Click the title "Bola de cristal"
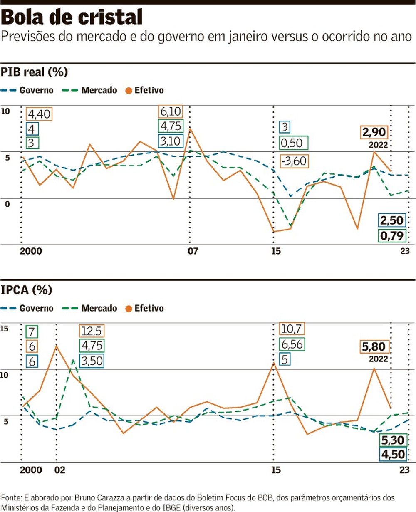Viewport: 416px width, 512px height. pyautogui.click(x=72, y=17)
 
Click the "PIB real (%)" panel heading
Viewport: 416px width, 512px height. pyautogui.click(x=34, y=72)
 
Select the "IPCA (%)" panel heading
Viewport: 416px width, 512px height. pyautogui.click(x=29, y=290)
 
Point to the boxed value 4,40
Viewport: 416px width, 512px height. pyautogui.click(x=39, y=114)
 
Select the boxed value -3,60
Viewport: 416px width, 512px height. pyautogui.click(x=295, y=160)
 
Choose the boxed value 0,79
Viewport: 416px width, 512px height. pyautogui.click(x=391, y=236)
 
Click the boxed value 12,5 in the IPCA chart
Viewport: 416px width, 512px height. pyautogui.click(x=92, y=331)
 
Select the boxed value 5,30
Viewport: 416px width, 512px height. pyautogui.click(x=392, y=440)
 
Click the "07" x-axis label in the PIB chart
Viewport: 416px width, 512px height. pyautogui.click(x=192, y=251)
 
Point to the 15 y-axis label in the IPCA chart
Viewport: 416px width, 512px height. pyautogui.click(x=5, y=329)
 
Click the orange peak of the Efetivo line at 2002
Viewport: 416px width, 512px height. pyautogui.click(x=56, y=346)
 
